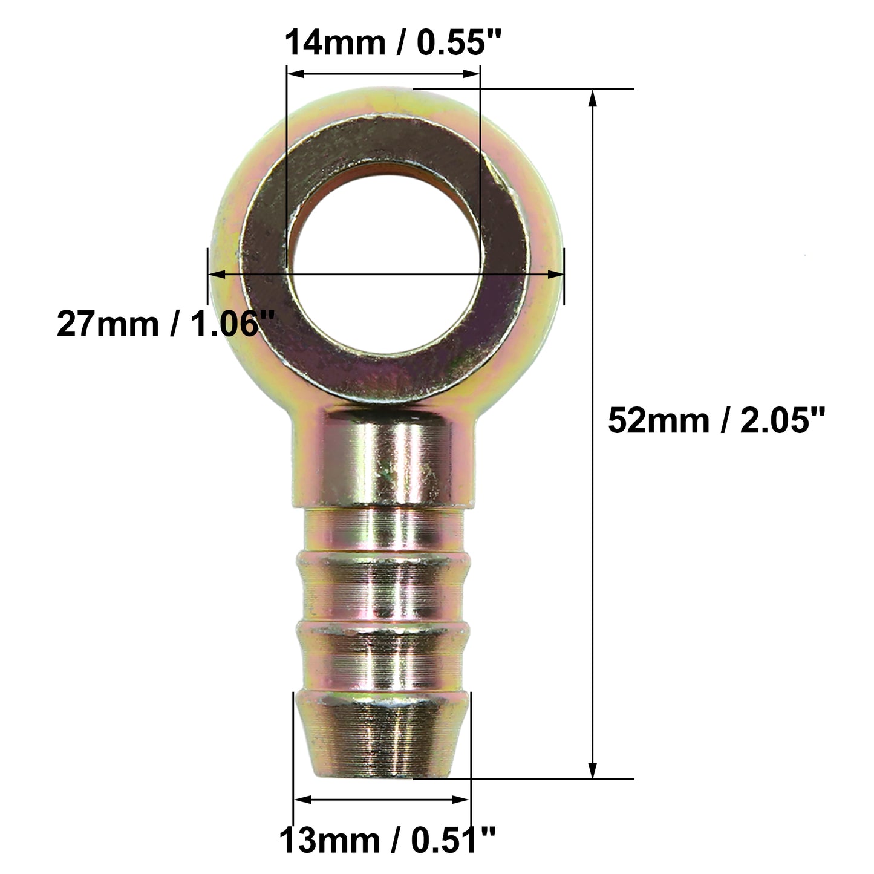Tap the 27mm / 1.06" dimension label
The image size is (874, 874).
click(166, 324)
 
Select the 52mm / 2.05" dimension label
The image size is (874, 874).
click(716, 421)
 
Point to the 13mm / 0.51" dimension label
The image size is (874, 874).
click(387, 841)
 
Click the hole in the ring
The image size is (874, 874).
click(385, 261)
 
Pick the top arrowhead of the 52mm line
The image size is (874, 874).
click(592, 99)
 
